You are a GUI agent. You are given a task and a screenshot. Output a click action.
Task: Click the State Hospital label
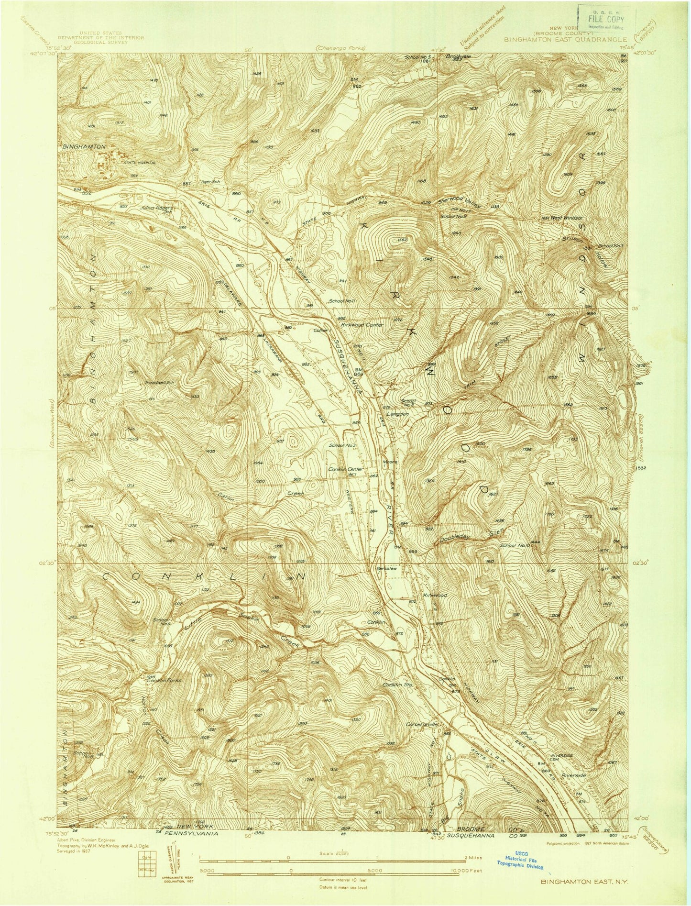140,163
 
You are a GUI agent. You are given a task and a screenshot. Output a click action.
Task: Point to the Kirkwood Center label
362,325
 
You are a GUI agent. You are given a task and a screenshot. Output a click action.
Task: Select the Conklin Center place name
346,469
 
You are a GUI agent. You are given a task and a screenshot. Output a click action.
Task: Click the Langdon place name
397,414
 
